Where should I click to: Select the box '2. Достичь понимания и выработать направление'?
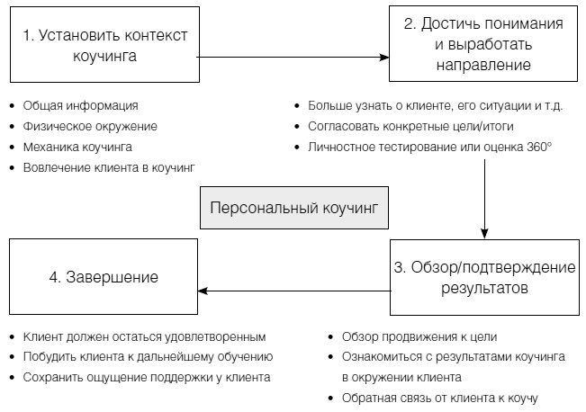pyautogui.click(x=483, y=44)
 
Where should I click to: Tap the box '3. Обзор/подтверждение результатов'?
pyautogui.click(x=483, y=278)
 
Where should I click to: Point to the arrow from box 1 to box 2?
pyautogui.click(x=293, y=57)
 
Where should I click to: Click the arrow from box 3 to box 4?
pyautogui.click(x=293, y=290)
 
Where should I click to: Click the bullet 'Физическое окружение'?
pyautogui.click(x=90, y=126)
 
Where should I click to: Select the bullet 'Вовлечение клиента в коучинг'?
pyautogui.click(x=110, y=166)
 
